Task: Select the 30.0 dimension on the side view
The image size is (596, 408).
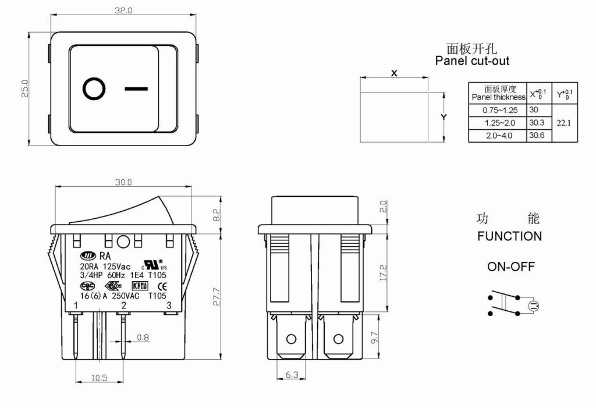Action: point(123,182)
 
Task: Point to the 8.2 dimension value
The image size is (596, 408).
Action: point(217,214)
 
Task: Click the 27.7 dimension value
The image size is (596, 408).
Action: point(217,295)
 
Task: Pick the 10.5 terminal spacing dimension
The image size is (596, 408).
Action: point(100,377)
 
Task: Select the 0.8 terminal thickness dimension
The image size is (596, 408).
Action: point(143,337)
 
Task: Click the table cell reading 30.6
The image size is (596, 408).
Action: point(537,136)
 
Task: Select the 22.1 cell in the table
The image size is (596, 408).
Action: point(564,123)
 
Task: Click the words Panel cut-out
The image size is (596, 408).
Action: point(472,61)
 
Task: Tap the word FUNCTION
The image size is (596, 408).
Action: point(509,236)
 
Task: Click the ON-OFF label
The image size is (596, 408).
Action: point(510,267)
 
